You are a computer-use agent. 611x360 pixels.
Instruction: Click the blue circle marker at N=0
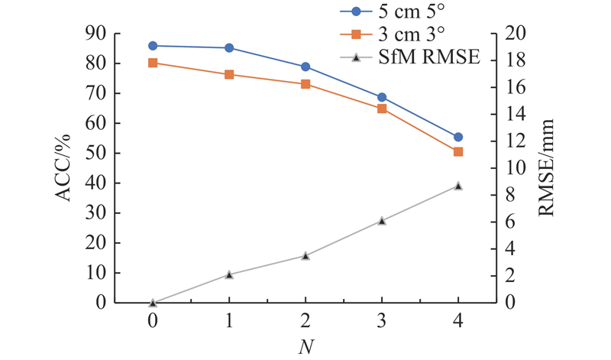point(153,46)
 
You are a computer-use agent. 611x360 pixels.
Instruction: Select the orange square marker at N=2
point(305,84)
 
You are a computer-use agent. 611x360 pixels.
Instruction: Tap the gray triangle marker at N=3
point(382,221)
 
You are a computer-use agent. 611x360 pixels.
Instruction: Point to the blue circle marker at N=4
point(458,137)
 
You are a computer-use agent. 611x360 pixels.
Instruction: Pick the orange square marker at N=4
point(458,152)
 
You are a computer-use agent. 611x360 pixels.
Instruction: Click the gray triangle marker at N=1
point(229,274)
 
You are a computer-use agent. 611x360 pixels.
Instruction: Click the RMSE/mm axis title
point(548,167)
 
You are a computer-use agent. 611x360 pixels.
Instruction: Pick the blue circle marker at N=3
point(382,97)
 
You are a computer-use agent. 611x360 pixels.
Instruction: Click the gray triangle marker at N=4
point(458,186)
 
